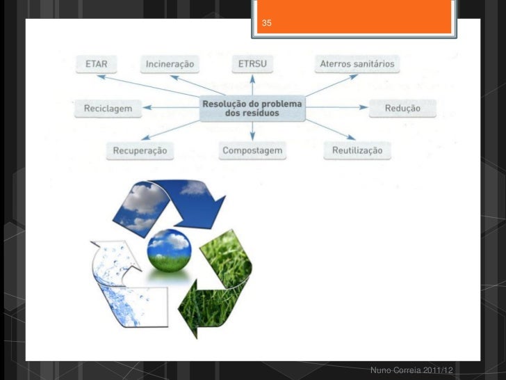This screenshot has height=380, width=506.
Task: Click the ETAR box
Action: tap(96, 64)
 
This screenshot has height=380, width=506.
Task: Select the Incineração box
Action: tap(170, 65)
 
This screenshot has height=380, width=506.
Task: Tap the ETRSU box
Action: tap(252, 65)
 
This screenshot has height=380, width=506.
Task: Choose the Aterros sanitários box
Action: tap(357, 64)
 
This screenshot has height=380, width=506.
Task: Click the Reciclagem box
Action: tap(108, 109)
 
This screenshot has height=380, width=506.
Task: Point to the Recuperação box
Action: tap(140, 150)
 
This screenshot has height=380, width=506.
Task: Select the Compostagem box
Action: tap(252, 150)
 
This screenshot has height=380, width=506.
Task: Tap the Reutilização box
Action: tap(357, 150)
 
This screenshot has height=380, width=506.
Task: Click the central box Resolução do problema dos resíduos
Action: tap(252, 108)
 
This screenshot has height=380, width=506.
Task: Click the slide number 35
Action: tap(267, 24)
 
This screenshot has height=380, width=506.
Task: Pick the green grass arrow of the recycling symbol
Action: tap(218, 278)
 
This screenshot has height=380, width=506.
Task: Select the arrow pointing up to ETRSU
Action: tap(252, 85)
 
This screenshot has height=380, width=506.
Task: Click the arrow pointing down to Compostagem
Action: tap(252, 132)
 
